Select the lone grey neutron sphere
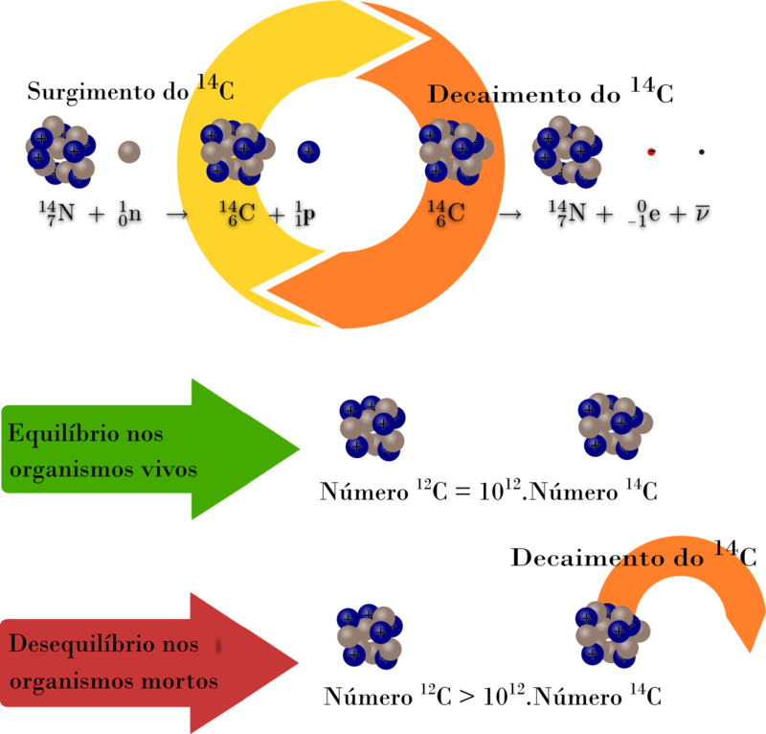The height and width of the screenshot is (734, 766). pos(129,151)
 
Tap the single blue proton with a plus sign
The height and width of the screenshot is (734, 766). pos(308,151)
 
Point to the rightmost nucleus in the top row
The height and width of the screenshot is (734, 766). pos(568,150)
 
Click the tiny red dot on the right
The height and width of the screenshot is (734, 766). pos(651,151)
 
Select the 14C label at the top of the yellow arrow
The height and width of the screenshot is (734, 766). pos(215,87)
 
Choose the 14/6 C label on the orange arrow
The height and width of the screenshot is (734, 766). pos(445,212)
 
